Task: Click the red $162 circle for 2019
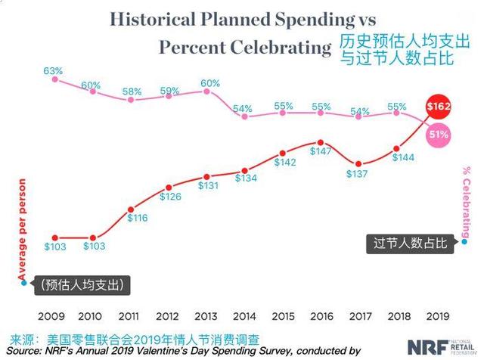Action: coord(439,107)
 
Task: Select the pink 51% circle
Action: coord(438,135)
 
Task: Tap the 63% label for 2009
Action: coord(52,71)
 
